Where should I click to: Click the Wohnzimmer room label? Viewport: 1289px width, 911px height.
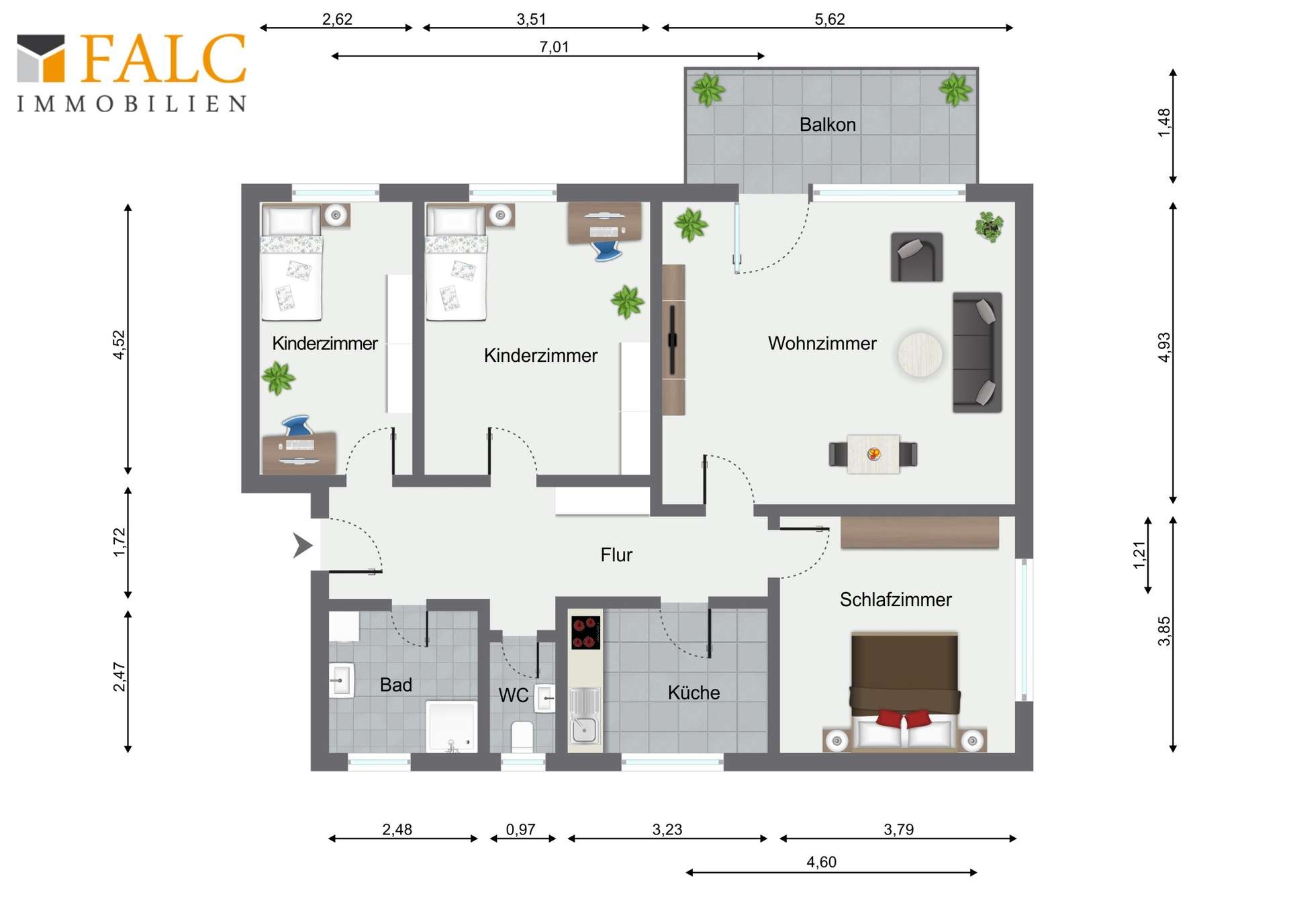(x=822, y=344)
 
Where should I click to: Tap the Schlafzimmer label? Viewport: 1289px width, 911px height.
(x=896, y=600)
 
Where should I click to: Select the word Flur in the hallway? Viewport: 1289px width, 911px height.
(x=616, y=555)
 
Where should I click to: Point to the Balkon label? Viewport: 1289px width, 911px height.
(x=827, y=125)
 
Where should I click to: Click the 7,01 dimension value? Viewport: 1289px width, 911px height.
(x=554, y=47)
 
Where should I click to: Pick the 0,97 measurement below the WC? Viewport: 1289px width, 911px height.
(x=520, y=830)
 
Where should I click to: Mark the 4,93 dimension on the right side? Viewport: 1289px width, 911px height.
(x=1164, y=347)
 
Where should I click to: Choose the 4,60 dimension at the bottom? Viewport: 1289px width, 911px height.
(x=821, y=862)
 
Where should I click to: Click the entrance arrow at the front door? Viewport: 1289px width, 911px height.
(x=303, y=545)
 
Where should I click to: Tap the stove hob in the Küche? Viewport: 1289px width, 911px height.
(x=585, y=632)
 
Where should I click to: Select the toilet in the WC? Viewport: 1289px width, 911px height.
(x=522, y=736)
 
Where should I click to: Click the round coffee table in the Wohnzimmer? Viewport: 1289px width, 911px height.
(x=920, y=354)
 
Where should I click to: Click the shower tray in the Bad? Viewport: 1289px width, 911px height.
(x=452, y=726)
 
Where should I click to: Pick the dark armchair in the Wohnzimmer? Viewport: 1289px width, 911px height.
(x=916, y=257)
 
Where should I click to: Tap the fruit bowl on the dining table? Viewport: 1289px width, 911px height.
(x=873, y=454)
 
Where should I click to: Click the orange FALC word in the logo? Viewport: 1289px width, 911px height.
(x=164, y=58)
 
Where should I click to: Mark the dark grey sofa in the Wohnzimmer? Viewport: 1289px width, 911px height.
(x=977, y=352)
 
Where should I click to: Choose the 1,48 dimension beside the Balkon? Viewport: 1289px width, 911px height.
(x=1164, y=123)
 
